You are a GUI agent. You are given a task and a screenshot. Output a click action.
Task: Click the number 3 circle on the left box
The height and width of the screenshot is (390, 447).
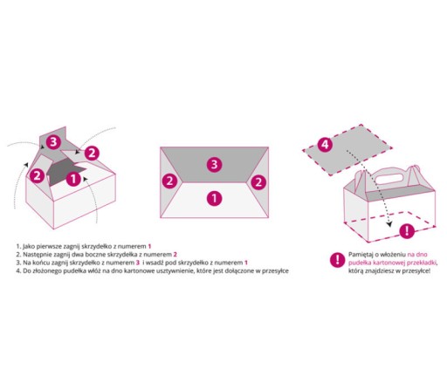click(53, 142)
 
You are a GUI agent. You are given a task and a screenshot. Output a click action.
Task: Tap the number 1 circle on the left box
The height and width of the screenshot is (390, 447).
click(73, 179)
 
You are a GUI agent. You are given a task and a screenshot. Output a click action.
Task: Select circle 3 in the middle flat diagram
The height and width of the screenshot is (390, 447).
click(214, 165)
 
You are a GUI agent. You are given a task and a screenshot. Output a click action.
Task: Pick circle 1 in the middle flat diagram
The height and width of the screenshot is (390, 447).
click(214, 198)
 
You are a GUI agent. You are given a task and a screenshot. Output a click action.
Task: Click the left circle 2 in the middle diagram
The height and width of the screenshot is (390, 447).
click(169, 181)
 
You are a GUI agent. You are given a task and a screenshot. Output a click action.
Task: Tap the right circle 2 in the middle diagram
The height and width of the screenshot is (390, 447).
click(258, 182)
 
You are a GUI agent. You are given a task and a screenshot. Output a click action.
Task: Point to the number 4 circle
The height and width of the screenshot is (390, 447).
click(325, 145)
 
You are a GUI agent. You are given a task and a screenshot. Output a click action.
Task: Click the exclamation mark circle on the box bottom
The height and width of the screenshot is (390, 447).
click(407, 231)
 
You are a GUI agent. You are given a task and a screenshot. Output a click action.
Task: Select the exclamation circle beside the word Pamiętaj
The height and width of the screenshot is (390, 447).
click(338, 260)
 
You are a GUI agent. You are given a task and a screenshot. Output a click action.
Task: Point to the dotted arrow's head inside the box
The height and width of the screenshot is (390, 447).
click(389, 224)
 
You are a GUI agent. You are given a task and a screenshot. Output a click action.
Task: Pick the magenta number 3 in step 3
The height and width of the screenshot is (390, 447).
click(138, 263)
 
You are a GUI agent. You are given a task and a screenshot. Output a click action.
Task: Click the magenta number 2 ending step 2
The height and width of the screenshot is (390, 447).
click(175, 255)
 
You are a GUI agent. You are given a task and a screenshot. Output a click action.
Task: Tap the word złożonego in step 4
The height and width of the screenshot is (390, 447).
click(49, 271)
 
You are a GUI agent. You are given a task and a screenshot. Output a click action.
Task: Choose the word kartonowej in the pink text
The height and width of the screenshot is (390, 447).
click(388, 263)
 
